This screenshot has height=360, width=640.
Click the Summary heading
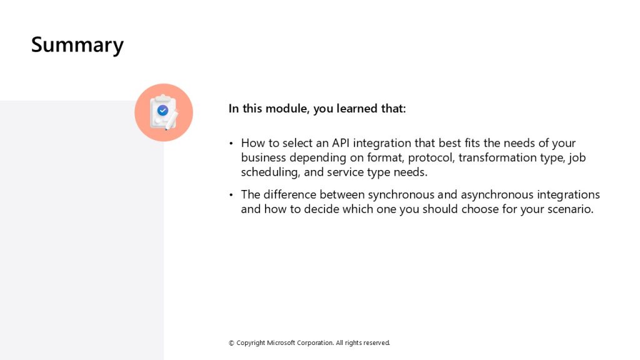tap(77, 45)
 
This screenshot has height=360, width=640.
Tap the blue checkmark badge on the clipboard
tap(163, 110)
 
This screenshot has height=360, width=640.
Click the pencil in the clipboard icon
tap(171, 121)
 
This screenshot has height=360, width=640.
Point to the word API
tap(341, 143)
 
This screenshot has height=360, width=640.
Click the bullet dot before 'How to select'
tap(231, 143)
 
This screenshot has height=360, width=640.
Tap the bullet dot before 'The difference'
tap(231, 195)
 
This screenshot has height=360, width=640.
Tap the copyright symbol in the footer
tap(231, 343)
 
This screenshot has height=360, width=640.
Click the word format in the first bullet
tap(385, 157)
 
